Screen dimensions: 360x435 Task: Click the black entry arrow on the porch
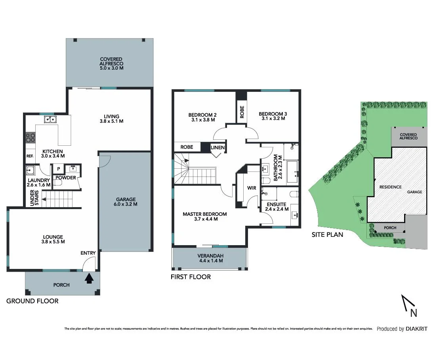pos(89,279)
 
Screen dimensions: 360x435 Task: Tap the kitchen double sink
pos(50,119)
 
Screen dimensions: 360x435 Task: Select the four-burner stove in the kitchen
pos(31,137)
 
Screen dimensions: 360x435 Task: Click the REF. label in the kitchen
pos(30,156)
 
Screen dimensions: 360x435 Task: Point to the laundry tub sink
pos(31,170)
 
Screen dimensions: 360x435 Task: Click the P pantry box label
pos(58,169)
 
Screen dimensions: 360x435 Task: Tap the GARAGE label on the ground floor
pos(126,199)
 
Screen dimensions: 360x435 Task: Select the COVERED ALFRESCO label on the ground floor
pos(111,61)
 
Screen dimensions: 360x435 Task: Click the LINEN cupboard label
pos(218,148)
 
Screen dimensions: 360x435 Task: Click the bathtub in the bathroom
pos(292,171)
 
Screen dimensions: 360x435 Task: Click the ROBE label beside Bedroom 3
pos(242,112)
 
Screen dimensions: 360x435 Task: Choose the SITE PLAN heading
pos(327,234)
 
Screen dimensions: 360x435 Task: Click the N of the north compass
pos(414,313)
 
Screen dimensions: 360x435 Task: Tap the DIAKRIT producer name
pos(416,329)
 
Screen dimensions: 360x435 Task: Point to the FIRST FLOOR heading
pos(191,277)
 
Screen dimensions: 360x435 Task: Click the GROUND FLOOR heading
pos(32,301)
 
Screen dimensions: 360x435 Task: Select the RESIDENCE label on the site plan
pos(390,187)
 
